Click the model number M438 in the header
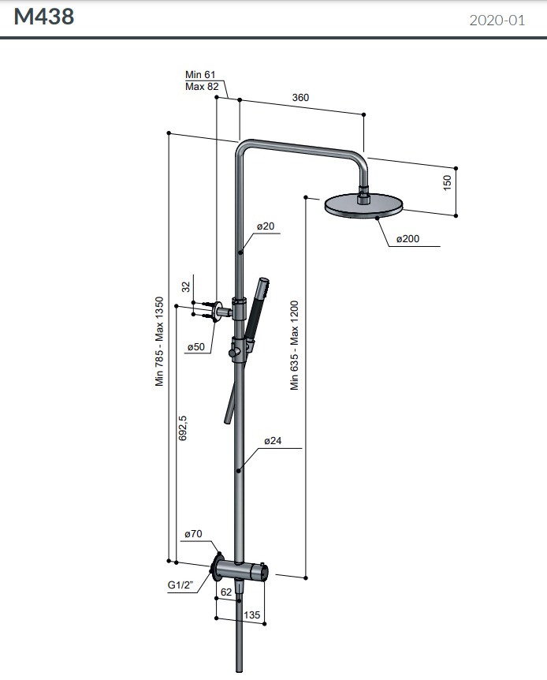[x=44, y=17]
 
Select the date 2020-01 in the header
[x=497, y=21]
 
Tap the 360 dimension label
[x=300, y=98]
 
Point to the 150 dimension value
[x=447, y=182]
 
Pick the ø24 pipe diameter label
[x=273, y=441]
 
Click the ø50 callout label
[x=195, y=347]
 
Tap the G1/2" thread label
[x=181, y=586]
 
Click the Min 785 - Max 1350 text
[x=159, y=341]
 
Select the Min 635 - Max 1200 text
[x=295, y=346]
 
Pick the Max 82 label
[x=202, y=86]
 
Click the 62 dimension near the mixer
[x=226, y=592]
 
